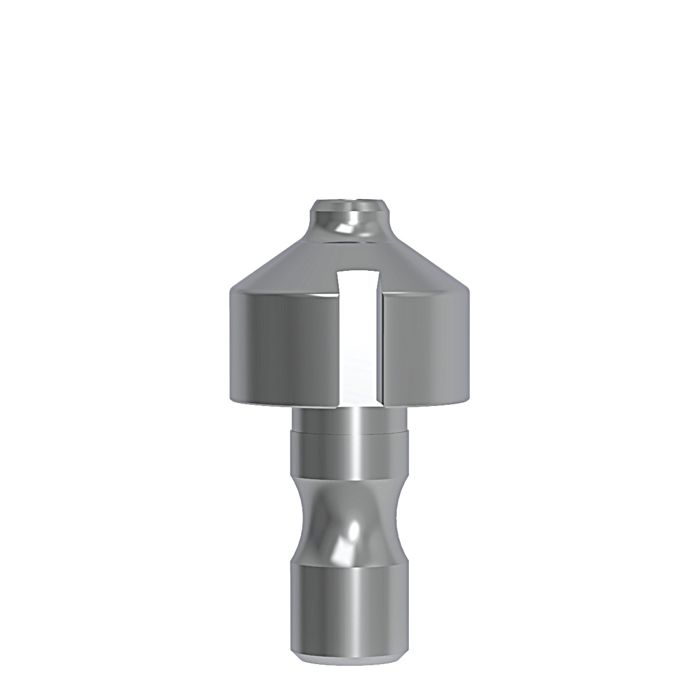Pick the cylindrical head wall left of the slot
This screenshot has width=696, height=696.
click(278, 348)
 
